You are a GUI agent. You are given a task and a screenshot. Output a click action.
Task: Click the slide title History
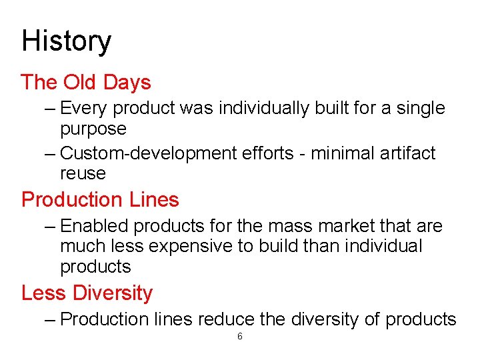pyautogui.click(x=66, y=41)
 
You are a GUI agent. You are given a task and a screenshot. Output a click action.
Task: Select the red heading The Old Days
pyautogui.click(x=86, y=83)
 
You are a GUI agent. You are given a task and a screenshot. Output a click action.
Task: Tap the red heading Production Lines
pyautogui.click(x=100, y=199)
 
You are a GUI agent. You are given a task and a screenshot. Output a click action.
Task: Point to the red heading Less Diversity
pyautogui.click(x=87, y=293)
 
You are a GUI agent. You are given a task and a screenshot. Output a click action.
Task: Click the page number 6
pyautogui.click(x=240, y=337)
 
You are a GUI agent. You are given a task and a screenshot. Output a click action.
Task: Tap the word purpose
pyautogui.click(x=93, y=129)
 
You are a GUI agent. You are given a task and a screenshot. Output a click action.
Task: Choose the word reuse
pyautogui.click(x=83, y=173)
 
